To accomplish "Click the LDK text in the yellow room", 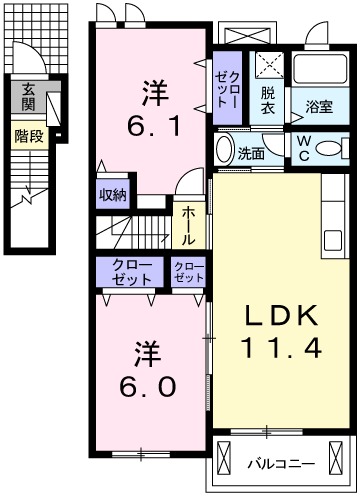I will click(x=282, y=317).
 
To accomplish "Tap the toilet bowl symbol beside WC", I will click(x=330, y=148).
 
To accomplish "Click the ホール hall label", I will click(x=187, y=226).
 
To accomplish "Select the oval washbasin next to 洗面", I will click(x=224, y=153).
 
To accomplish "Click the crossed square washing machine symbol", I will click(x=267, y=67).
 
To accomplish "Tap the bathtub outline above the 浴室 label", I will click(x=319, y=69).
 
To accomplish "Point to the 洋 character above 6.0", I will click(x=147, y=352).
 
